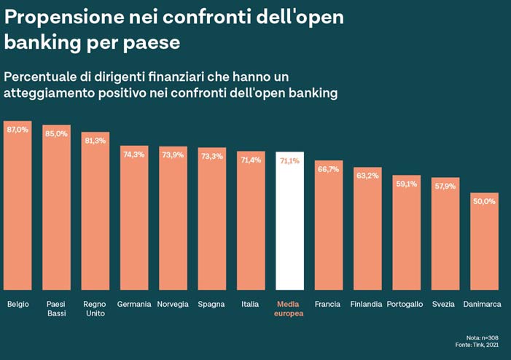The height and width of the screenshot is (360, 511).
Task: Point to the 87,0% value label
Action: coord(17,129)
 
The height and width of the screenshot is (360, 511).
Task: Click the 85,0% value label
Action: coord(56,133)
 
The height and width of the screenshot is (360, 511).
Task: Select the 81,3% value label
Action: coord(95,141)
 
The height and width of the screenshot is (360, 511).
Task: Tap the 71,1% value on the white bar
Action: coord(289,160)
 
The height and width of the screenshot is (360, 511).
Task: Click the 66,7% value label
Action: coord(328,169)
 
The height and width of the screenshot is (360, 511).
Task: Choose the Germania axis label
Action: coord(134,303)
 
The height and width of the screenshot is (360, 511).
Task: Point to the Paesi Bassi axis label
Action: coord(56,308)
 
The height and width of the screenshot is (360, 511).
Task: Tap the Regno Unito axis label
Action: coord(95,308)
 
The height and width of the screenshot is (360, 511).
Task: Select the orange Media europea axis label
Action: coord(289,308)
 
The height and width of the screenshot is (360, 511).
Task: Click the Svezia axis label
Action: coord(445,303)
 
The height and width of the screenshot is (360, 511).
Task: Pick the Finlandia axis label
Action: coord(366,303)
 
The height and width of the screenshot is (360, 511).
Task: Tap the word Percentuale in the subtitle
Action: coord(48,77)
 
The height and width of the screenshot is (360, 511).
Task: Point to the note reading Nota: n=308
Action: coord(483,337)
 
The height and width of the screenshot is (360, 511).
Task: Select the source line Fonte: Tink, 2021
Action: coord(478,345)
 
